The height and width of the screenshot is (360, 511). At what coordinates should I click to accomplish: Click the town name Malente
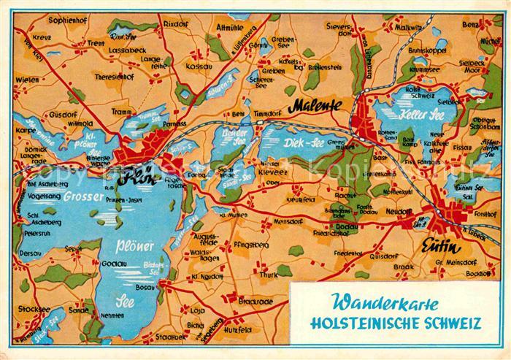[x=316, y=107]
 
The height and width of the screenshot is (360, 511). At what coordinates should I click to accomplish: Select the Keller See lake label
[x=402, y=116]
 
